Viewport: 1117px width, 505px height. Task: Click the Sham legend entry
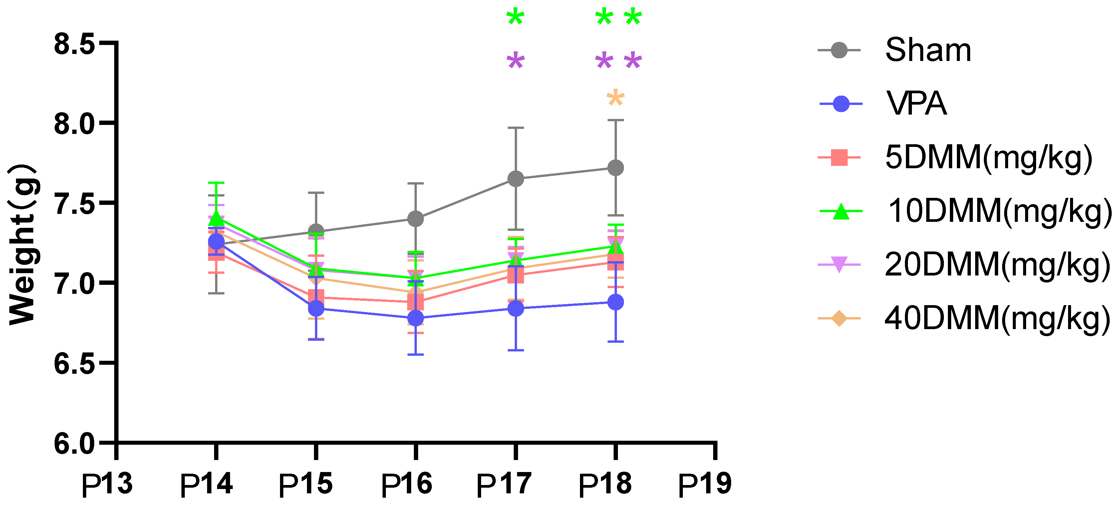click(x=928, y=50)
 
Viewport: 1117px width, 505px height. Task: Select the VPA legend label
click(x=916, y=104)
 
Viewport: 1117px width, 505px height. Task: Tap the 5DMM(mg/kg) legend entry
click(x=988, y=158)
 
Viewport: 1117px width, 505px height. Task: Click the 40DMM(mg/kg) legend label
click(x=997, y=318)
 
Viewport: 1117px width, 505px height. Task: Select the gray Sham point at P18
click(x=615, y=168)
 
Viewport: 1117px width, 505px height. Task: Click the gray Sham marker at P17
click(x=516, y=179)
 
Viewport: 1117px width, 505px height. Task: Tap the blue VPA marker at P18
click(x=615, y=302)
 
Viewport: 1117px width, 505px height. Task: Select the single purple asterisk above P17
click(x=516, y=61)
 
